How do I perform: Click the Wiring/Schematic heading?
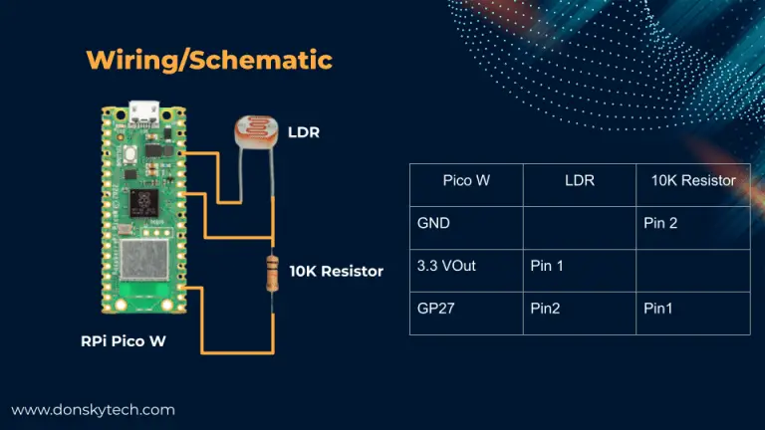pos(208,60)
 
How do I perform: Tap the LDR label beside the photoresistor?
pos(304,131)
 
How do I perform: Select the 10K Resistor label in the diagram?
pos(336,271)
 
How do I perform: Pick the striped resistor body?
pos(272,272)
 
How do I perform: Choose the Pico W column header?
pos(466,181)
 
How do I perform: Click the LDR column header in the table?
pos(580,181)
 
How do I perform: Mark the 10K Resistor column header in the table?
pos(693,181)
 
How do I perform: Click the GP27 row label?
pos(436,309)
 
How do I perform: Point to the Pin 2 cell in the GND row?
pos(660,223)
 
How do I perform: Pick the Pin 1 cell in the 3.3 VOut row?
pos(547,266)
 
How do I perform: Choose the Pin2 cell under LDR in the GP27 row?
pos(545,309)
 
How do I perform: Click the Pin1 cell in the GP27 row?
pos(658,309)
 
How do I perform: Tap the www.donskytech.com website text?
pos(94,409)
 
